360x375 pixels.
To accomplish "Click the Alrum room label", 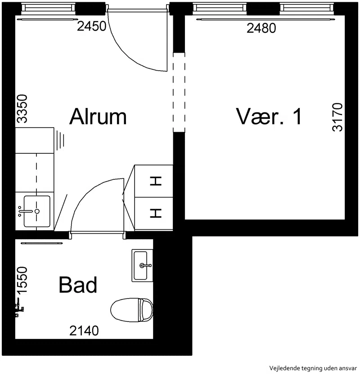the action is (98, 116).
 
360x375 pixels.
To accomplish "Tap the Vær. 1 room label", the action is (269, 116).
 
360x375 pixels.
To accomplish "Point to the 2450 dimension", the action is (91, 26).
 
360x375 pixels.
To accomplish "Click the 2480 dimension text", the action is (261, 28).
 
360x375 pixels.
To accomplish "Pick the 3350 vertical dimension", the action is (23, 109).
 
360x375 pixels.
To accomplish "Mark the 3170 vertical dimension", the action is (337, 117).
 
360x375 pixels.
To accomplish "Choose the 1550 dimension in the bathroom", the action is (23, 280).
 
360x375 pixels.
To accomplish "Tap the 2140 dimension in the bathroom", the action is (84, 331).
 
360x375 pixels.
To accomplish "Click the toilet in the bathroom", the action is (132, 310).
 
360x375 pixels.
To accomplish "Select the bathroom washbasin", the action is (142, 265).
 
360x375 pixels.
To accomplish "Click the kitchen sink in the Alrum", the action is (37, 211).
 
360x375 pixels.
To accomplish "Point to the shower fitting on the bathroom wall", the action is (20, 308).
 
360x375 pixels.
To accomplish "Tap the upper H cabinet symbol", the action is (156, 181).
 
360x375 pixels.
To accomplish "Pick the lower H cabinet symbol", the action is (156, 213).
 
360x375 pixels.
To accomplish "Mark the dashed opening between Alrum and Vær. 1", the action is (179, 92).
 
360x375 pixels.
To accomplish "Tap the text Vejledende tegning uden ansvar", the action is (313, 368).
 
